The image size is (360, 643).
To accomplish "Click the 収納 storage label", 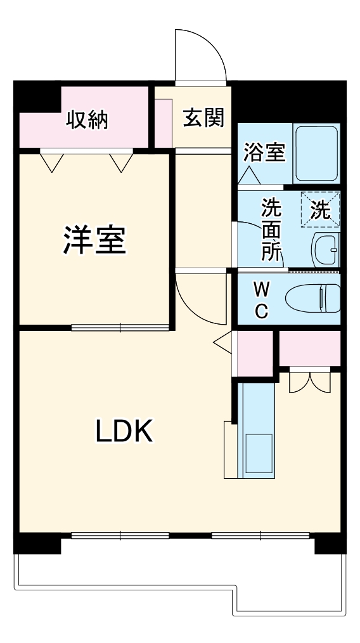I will [87, 119].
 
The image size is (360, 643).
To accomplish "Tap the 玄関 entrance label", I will [203, 118].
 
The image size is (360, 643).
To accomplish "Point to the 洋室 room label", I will [95, 239].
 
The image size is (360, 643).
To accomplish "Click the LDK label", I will [124, 432].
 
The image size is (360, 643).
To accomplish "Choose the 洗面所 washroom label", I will [272, 228].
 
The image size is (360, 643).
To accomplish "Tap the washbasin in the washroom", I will [326, 250].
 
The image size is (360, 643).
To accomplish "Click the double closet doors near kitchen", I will [309, 380].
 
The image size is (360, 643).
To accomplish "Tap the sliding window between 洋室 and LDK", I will [120, 327].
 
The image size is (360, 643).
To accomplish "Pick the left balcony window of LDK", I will [120, 535].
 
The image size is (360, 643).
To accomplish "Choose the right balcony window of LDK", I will [260, 535].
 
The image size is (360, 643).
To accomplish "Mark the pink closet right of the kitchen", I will [310, 347].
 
